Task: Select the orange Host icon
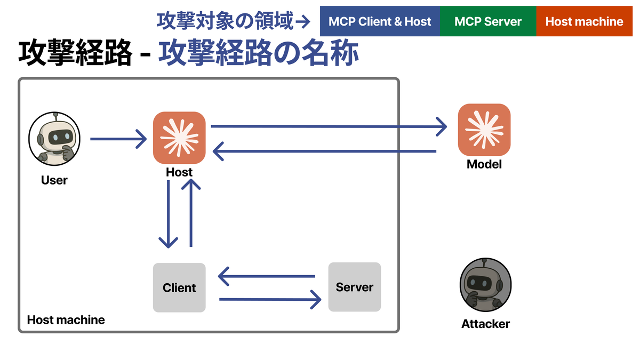click(179, 138)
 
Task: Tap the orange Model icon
click(484, 130)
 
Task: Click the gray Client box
click(179, 287)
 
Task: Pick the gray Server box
click(355, 287)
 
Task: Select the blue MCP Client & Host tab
click(380, 22)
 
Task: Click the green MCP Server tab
click(488, 22)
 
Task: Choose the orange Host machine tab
click(584, 22)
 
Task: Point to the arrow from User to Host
click(118, 139)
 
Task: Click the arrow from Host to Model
click(329, 126)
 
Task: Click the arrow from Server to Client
click(267, 276)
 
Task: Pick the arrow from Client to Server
click(270, 299)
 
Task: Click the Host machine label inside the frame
click(66, 320)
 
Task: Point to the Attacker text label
click(485, 324)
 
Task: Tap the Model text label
click(484, 164)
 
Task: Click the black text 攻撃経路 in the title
click(75, 54)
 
